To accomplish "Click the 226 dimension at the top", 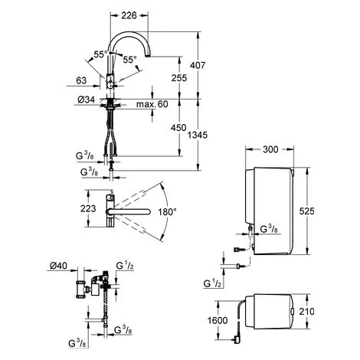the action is (129, 15).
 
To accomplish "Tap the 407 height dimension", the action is (198, 66).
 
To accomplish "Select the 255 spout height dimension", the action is (179, 78).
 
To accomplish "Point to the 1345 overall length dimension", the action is (198, 135).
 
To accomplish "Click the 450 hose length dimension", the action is (178, 128).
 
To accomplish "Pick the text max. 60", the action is (152, 104).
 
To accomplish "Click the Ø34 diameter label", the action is (86, 100).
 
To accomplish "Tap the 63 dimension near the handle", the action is (81, 80).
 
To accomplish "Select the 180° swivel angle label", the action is (167, 211).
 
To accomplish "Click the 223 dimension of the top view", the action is (88, 208).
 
